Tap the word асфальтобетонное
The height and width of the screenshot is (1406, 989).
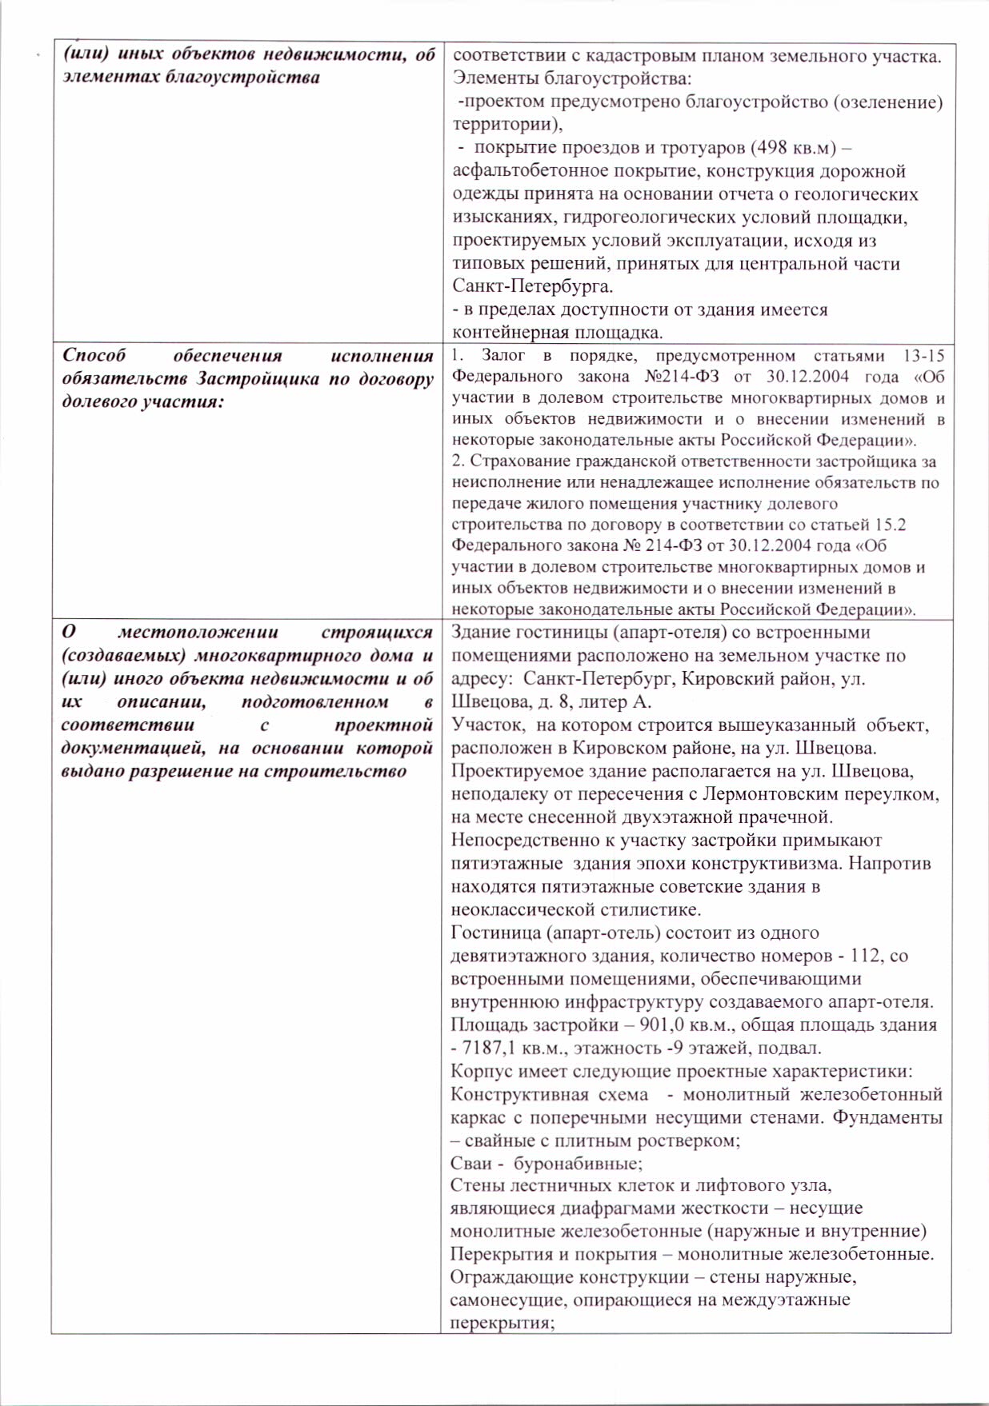coord(522,171)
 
